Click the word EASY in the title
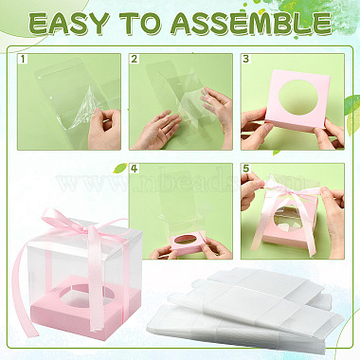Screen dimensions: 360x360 [x=69, y=24]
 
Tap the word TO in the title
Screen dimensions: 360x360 [x=140, y=24]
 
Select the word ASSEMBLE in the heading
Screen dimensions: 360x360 [x=250, y=24]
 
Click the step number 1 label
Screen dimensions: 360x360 [x=23, y=59]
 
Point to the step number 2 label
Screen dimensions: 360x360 [x=135, y=59]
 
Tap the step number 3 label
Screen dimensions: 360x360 [x=246, y=59]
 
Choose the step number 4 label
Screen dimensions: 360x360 [x=135, y=169]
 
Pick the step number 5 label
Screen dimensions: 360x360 [x=246, y=169]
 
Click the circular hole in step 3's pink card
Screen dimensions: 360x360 [x=297, y=98]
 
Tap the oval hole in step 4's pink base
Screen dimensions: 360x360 [x=189, y=239]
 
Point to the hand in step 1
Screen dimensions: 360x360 [x=104, y=129]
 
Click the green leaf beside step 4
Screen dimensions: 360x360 [x=120, y=169]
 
